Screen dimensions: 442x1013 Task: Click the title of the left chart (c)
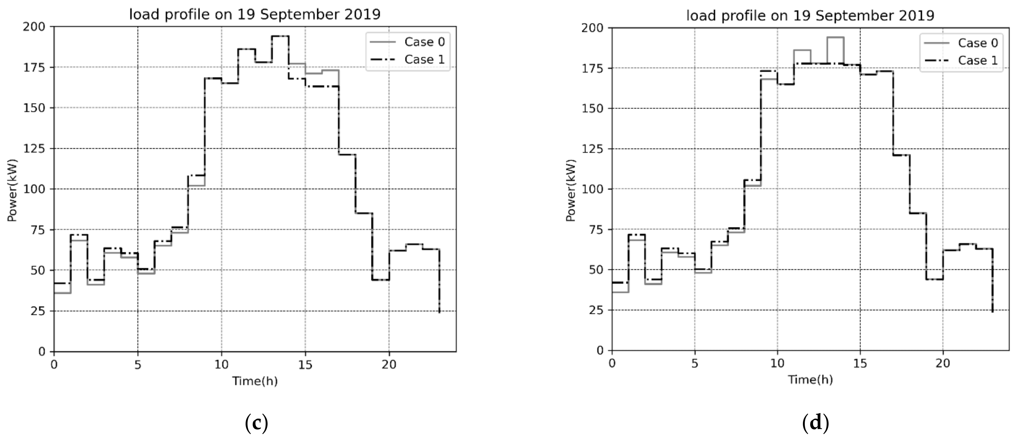255,15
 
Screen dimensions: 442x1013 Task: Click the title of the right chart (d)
810,15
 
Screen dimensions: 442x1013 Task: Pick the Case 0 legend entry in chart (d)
978,43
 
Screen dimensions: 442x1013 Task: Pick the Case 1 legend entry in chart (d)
978,60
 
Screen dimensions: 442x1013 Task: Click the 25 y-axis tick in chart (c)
39,311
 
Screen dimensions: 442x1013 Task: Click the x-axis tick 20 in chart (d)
943,363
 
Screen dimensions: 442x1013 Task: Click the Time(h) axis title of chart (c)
255,381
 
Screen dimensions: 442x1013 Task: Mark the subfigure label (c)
256,423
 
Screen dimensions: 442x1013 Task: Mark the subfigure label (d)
815,423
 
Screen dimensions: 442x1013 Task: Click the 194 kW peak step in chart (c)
280,36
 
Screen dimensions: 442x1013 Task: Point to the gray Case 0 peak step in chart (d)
835,37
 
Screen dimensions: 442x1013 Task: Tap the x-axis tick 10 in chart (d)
777,363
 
